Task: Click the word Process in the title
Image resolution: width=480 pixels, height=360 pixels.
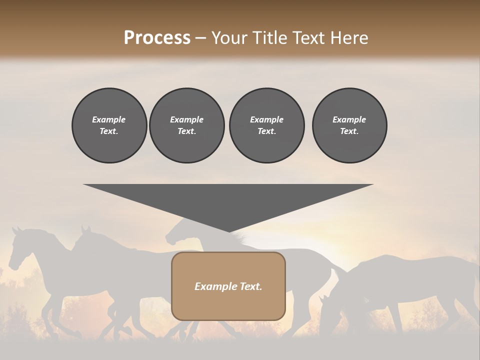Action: click(x=157, y=38)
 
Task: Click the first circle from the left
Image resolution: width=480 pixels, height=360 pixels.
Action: click(x=109, y=125)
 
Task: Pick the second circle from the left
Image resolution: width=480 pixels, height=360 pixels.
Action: click(x=186, y=125)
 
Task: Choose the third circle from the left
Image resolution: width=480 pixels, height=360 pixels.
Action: click(x=266, y=125)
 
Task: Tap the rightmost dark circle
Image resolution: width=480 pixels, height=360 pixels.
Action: click(x=349, y=125)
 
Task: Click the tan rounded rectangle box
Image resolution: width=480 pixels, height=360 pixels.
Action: click(x=228, y=286)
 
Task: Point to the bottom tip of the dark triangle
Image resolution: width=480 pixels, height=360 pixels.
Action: click(x=228, y=231)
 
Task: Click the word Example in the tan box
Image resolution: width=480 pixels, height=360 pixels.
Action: click(x=214, y=286)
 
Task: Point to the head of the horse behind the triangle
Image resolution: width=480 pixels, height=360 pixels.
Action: click(x=175, y=234)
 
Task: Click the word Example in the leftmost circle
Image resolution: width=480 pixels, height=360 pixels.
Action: click(x=109, y=119)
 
